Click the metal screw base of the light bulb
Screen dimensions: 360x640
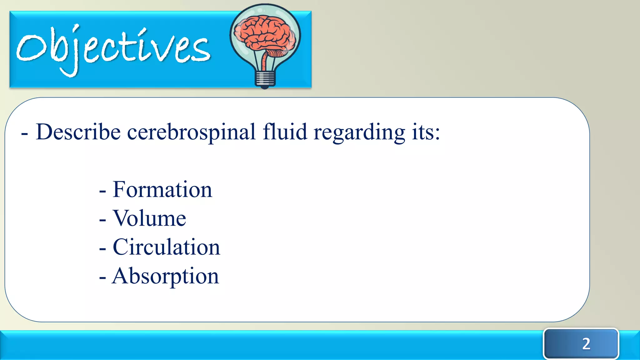point(265,79)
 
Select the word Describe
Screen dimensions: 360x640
point(78,132)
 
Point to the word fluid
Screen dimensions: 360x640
point(285,132)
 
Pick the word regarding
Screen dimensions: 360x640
point(359,133)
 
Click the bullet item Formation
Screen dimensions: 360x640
point(162,190)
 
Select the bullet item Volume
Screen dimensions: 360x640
point(149,218)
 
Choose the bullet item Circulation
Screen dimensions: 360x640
point(166,247)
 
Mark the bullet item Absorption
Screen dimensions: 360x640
point(165,277)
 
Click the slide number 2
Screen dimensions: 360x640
point(586,344)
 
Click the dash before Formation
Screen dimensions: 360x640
point(102,191)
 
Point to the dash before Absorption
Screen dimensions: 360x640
point(102,277)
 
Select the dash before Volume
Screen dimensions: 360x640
point(102,220)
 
